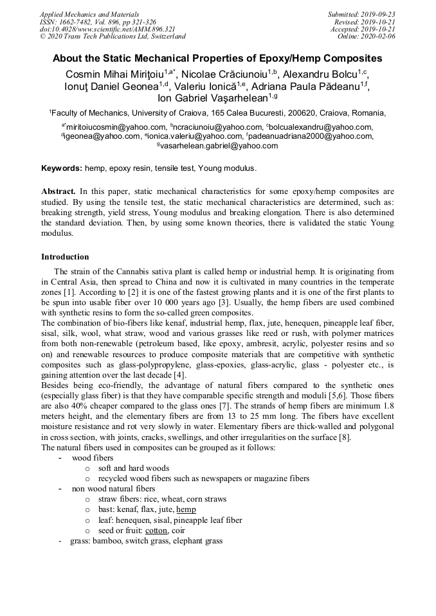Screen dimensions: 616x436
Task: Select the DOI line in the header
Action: click(x=107, y=29)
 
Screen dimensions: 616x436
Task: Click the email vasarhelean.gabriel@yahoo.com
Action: click(x=219, y=146)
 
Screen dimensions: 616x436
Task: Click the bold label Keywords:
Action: click(x=62, y=168)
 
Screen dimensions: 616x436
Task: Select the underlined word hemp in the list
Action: click(x=186, y=510)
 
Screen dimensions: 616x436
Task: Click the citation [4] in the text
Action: click(x=179, y=375)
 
